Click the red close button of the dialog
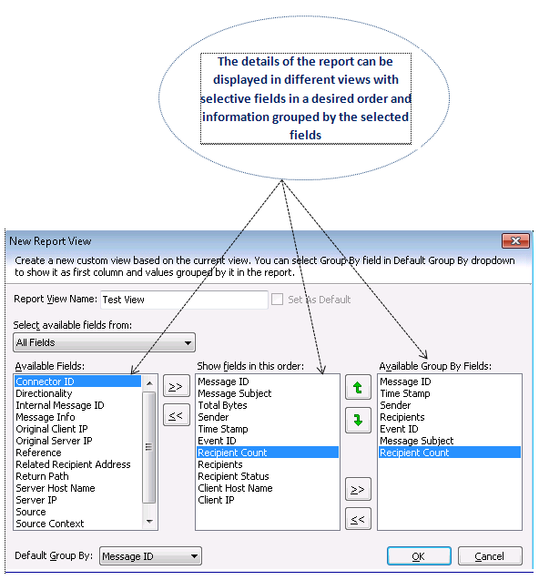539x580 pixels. click(515, 240)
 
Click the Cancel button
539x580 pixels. click(490, 556)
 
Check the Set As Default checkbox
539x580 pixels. click(277, 299)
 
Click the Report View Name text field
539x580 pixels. click(184, 300)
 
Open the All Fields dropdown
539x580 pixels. click(105, 342)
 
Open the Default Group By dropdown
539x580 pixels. click(150, 556)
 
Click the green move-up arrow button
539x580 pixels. click(358, 387)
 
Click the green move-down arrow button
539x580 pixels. click(358, 421)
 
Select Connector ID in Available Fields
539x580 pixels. click(46, 382)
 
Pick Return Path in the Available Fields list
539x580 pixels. click(42, 476)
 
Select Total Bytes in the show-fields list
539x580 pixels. click(222, 405)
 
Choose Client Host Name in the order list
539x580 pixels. click(235, 488)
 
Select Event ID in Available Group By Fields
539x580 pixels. click(399, 429)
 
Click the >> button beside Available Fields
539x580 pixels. click(176, 387)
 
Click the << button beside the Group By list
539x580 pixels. click(358, 519)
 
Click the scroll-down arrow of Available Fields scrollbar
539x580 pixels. click(149, 522)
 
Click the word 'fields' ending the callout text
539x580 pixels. click(305, 135)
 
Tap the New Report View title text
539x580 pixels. click(50, 241)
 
